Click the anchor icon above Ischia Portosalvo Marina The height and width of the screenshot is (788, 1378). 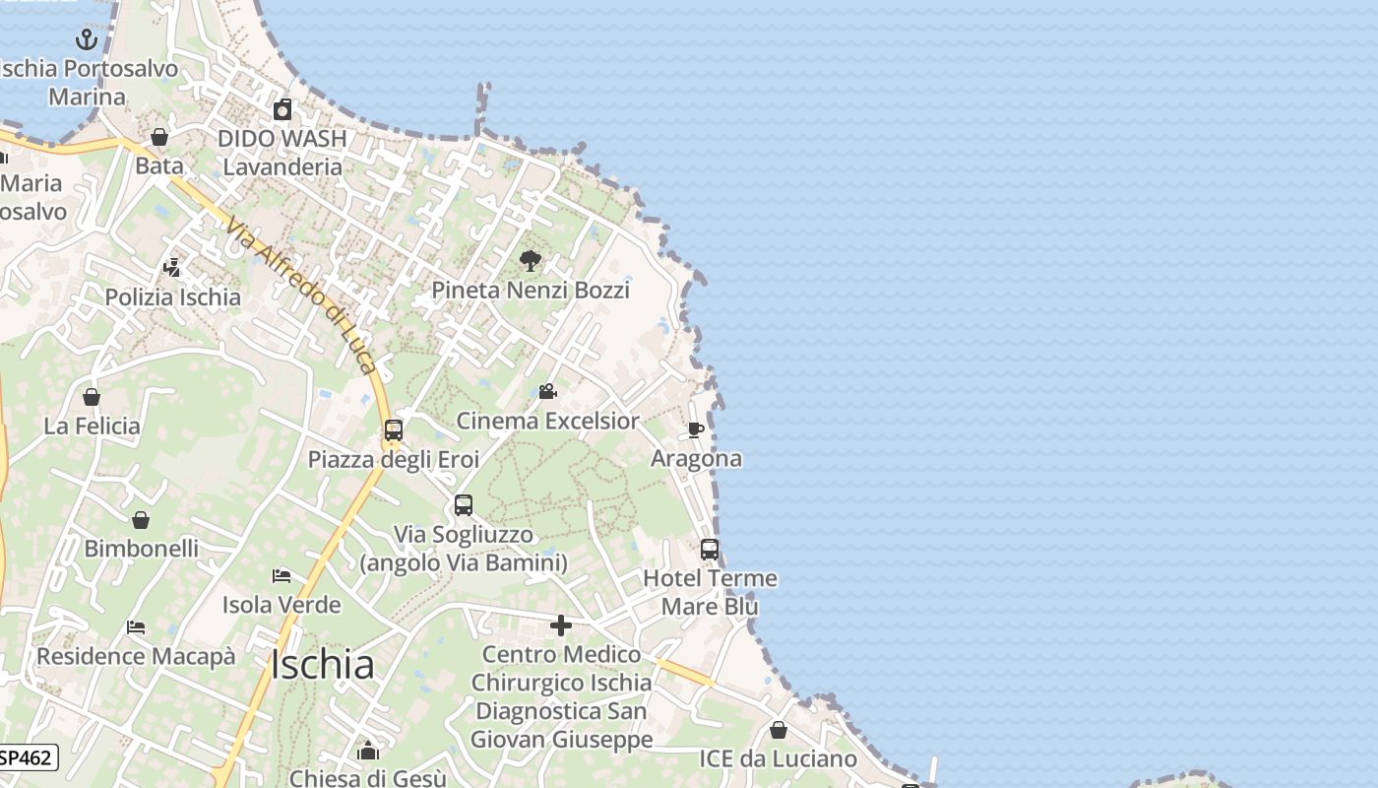pos(87,40)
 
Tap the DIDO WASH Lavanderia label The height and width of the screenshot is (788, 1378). pos(282,153)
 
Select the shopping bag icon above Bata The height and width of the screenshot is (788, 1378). pos(158,137)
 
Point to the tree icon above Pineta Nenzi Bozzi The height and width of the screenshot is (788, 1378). pos(531,261)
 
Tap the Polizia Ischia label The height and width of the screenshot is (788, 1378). pos(173,297)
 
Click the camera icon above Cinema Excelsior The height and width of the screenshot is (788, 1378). pos(547,392)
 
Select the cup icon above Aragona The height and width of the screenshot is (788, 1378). pos(695,429)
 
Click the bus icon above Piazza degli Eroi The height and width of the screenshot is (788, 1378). pos(394,430)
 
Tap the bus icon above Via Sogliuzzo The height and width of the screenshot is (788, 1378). pos(464,505)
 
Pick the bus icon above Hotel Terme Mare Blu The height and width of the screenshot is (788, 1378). pos(710,550)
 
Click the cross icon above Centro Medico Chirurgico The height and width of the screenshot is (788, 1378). pos(561,625)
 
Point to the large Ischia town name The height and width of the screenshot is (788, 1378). pos(322,666)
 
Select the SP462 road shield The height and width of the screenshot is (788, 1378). pos(27,757)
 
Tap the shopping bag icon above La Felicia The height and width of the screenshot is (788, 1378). pos(92,397)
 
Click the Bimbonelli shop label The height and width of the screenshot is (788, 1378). pos(142,549)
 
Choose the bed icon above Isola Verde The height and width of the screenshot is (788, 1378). pos(282,575)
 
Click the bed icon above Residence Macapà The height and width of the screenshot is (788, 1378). pos(136,627)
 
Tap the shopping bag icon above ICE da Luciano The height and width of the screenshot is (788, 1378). pos(778,730)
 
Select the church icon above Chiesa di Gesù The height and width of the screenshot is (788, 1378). pos(368,752)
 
